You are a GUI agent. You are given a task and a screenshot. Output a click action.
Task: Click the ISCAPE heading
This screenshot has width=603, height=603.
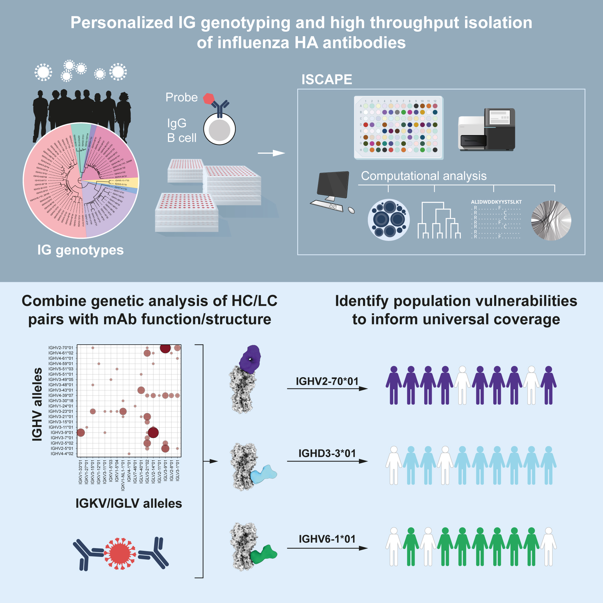click(327, 80)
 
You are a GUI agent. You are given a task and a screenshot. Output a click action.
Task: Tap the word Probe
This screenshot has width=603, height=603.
click(181, 97)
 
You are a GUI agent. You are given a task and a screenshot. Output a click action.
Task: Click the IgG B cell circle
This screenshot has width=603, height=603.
click(219, 129)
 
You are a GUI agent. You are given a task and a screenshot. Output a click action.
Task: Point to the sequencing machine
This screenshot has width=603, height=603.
click(486, 130)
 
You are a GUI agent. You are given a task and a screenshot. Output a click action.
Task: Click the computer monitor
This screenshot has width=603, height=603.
click(333, 185)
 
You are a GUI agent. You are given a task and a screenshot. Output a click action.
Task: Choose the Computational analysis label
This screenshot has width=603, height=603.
click(424, 176)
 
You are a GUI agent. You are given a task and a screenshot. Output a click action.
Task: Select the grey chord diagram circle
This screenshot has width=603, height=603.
click(551, 220)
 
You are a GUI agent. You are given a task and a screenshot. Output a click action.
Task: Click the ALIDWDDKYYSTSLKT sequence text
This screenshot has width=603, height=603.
click(496, 202)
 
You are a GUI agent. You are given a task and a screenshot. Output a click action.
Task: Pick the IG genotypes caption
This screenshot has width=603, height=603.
click(81, 250)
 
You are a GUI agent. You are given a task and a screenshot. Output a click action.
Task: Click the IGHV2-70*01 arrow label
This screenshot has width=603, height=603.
click(327, 381)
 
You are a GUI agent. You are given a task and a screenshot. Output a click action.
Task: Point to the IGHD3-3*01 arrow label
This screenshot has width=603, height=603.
click(327, 453)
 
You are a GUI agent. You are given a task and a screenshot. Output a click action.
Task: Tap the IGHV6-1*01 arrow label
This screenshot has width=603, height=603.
click(327, 539)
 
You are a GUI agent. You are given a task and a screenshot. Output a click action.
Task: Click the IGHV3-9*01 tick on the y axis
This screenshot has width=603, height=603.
click(62, 433)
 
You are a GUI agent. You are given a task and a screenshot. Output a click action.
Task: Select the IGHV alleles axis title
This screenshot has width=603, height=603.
click(37, 405)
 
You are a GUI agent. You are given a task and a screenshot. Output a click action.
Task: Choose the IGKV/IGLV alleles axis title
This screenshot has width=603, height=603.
click(129, 504)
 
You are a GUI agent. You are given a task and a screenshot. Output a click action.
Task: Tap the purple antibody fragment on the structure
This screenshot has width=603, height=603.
click(250, 359)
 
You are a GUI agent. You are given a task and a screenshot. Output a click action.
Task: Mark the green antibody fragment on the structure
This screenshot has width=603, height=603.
click(264, 555)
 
